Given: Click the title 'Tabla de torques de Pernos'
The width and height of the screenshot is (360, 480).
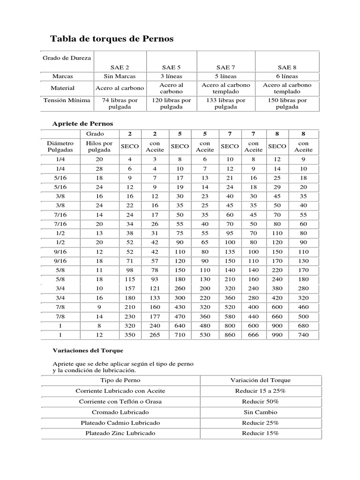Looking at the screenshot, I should (x=112, y=39).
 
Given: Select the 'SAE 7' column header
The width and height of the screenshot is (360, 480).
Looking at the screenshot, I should (x=225, y=67).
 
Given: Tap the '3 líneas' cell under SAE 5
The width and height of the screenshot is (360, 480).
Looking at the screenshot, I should (x=172, y=76).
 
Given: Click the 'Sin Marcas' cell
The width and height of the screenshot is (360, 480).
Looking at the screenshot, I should (x=120, y=76).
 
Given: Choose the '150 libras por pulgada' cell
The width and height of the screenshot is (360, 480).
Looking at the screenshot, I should (x=287, y=103).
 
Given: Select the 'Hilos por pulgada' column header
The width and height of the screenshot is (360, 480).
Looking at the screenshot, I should (x=99, y=146).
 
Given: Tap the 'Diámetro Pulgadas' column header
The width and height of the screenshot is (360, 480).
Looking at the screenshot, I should (x=60, y=146).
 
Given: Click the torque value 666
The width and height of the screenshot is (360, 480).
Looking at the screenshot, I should (x=253, y=335).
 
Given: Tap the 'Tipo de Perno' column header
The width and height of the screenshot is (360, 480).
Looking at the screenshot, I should (x=120, y=380).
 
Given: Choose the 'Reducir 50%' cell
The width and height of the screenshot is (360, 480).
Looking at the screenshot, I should (x=260, y=402).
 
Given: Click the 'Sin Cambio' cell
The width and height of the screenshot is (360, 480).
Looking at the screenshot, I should (x=260, y=412).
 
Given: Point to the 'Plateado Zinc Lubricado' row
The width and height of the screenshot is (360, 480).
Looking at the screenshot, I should (x=120, y=433).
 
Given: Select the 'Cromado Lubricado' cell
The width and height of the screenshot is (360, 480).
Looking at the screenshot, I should (x=120, y=412).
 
